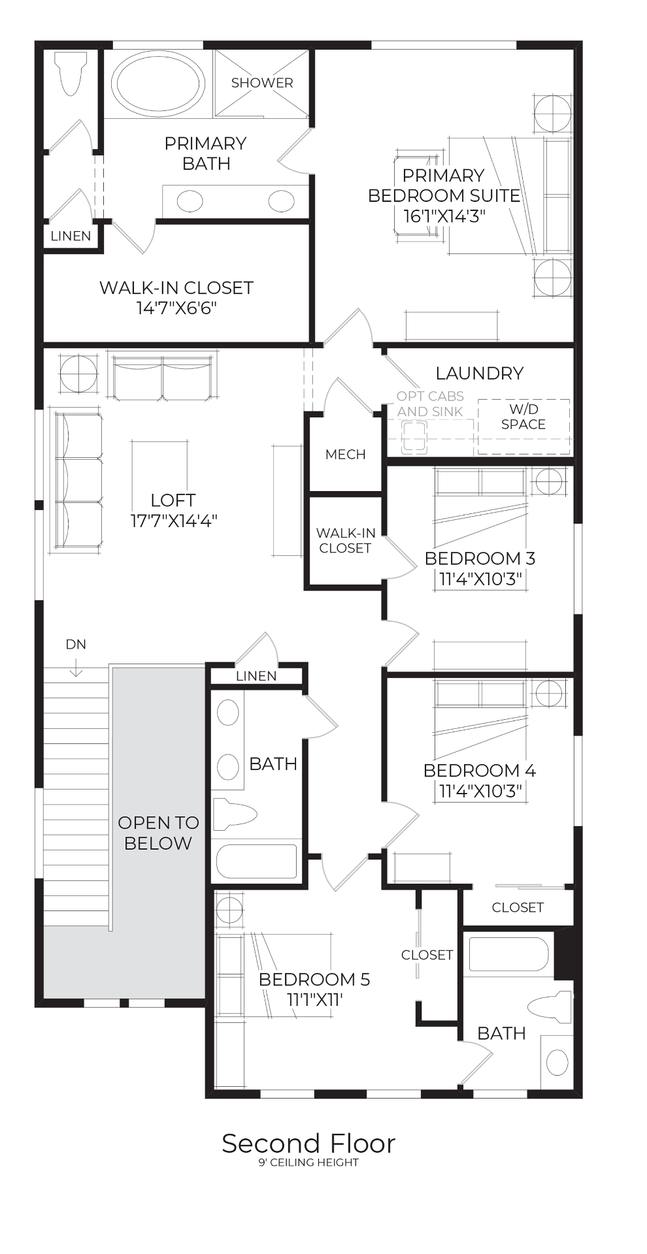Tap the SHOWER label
[262, 83]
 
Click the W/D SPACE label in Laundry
[523, 417]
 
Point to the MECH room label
[346, 455]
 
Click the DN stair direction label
[76, 645]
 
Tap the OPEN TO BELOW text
[158, 833]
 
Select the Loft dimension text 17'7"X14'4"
[173, 521]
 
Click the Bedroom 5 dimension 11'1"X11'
[314, 999]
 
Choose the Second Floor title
[308, 1144]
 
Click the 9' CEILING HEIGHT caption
[308, 1163]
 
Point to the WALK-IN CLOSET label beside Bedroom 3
[346, 541]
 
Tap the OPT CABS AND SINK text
[430, 404]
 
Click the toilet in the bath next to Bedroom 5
[550, 1006]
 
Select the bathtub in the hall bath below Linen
[256, 861]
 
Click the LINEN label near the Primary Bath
[71, 236]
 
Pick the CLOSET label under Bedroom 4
[518, 907]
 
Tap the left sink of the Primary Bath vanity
[190, 201]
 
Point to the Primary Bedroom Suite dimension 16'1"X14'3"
[444, 216]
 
